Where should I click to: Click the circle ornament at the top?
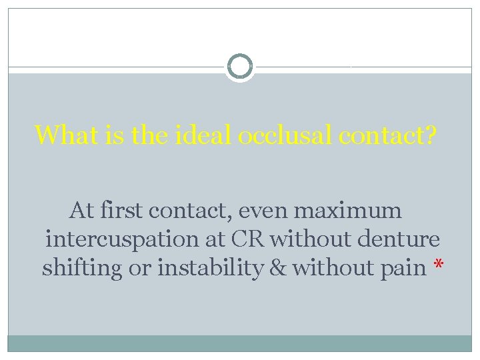pyautogui.click(x=240, y=67)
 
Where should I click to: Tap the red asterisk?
pyautogui.click(x=438, y=267)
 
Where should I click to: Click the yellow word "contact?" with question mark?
pyautogui.click(x=388, y=135)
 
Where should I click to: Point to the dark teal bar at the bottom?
pyautogui.click(x=240, y=343)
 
